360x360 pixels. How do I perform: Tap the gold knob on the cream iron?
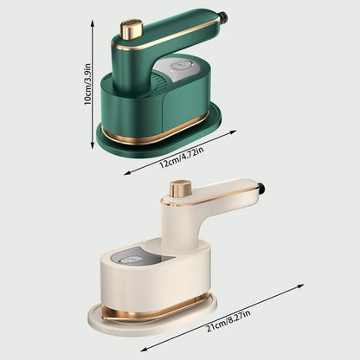180,189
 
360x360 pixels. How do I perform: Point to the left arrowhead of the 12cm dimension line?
126,174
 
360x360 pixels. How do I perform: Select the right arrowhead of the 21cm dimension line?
305,285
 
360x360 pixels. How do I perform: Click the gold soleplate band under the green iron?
160,131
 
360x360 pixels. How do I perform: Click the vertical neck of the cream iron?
179,221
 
